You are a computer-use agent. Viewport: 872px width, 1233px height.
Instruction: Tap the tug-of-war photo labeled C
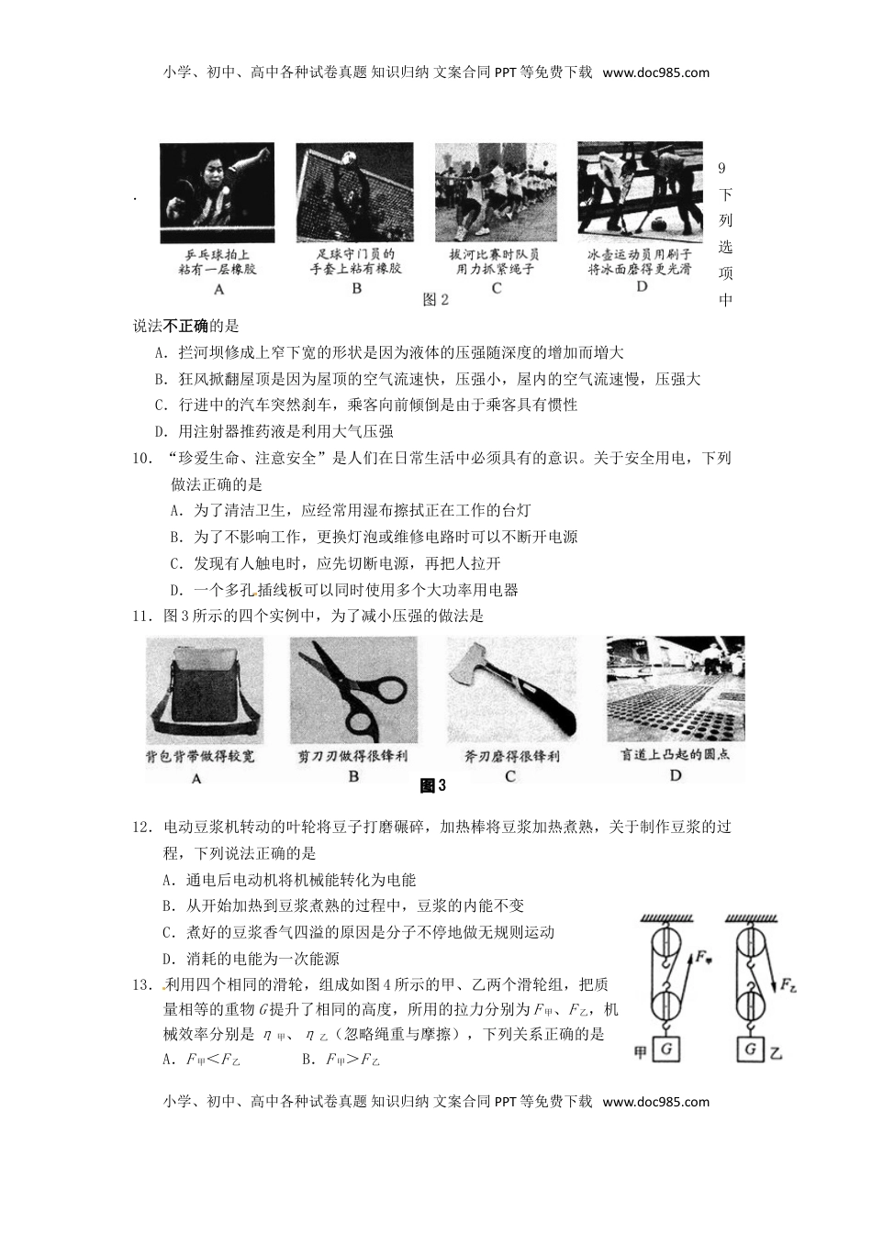(x=496, y=190)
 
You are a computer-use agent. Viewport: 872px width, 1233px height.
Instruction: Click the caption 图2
(x=435, y=300)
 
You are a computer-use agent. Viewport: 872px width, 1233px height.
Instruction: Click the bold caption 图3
(x=432, y=785)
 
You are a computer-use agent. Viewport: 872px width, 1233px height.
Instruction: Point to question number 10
(x=142, y=458)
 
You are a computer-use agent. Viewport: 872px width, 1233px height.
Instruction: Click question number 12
(x=142, y=827)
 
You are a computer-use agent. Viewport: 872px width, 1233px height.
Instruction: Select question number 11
(x=142, y=616)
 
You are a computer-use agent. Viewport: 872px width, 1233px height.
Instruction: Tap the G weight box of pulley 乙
(x=751, y=1049)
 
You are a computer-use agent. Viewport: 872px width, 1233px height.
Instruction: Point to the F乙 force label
(x=788, y=986)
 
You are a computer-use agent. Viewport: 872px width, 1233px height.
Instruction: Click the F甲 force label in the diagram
(x=705, y=958)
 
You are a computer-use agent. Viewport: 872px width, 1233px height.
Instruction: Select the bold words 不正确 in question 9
(x=186, y=326)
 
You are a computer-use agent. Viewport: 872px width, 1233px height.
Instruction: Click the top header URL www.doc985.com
(x=656, y=72)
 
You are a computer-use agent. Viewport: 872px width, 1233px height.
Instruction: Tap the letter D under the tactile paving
(x=676, y=775)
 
